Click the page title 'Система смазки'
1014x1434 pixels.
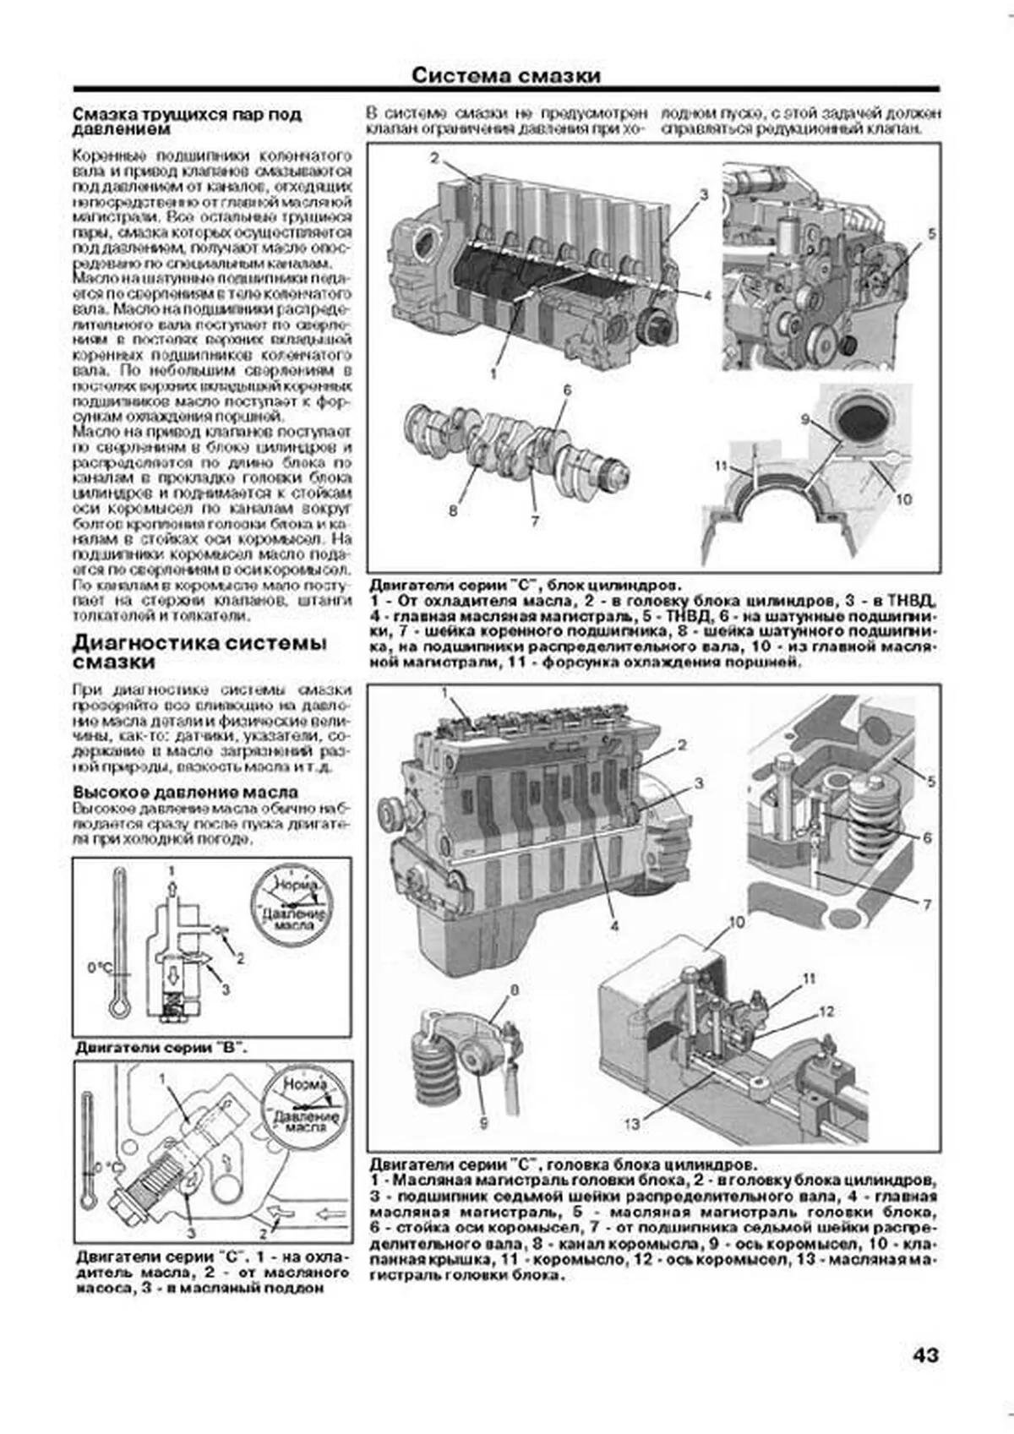click(x=506, y=75)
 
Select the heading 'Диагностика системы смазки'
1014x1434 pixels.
click(x=199, y=652)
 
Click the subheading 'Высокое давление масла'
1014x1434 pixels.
click(x=185, y=792)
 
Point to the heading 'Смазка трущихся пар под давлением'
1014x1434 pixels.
click(x=187, y=121)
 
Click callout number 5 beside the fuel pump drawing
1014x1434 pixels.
click(x=931, y=234)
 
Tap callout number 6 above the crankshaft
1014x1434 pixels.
click(x=567, y=390)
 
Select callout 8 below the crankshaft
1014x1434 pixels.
click(x=453, y=510)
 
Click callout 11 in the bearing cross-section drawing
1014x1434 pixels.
click(x=720, y=466)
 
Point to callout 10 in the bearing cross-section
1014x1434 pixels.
click(x=903, y=499)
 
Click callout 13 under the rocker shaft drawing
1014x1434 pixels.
click(x=632, y=1123)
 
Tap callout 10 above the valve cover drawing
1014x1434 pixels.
click(x=736, y=922)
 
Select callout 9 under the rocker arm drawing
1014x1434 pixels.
click(x=484, y=1122)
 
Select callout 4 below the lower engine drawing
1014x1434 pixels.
click(x=614, y=926)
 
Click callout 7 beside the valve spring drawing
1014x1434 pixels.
click(x=926, y=905)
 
